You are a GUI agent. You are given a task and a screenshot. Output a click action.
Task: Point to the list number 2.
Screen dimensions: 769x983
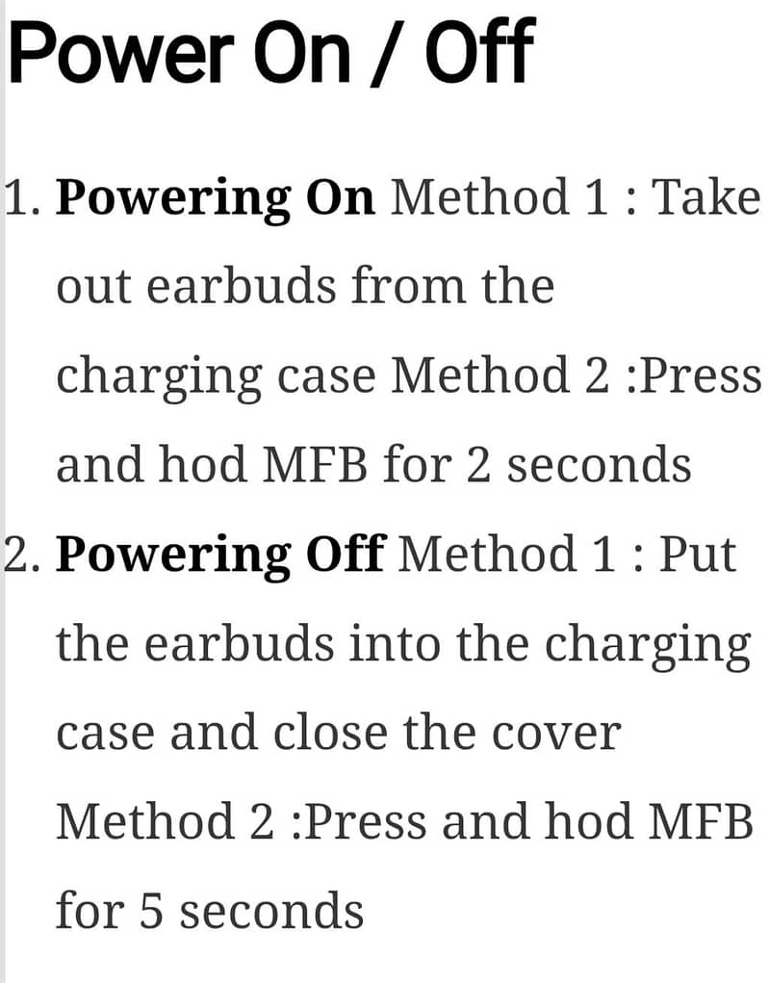(22, 555)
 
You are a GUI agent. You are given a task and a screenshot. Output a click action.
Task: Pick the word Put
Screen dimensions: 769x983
(698, 555)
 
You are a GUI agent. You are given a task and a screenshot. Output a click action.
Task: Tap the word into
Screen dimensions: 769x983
(395, 644)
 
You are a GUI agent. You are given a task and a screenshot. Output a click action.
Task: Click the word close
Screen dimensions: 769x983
(330, 733)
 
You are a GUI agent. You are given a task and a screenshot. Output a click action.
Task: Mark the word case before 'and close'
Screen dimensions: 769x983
(105, 734)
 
